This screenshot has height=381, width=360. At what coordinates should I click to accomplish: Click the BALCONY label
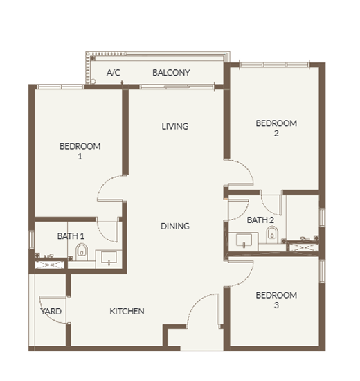click(x=171, y=73)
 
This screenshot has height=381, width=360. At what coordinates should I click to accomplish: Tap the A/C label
click(x=114, y=73)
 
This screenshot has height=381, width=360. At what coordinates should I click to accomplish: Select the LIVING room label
click(x=175, y=126)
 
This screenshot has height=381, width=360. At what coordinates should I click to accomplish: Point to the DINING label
click(x=175, y=227)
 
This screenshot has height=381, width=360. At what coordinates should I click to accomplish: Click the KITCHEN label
click(x=127, y=311)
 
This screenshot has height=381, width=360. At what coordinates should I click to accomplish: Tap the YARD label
click(x=51, y=311)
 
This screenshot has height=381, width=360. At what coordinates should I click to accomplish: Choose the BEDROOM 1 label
click(x=80, y=151)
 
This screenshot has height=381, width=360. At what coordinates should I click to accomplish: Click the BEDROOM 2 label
click(x=276, y=128)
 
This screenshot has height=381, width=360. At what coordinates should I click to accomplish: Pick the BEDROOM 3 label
click(x=276, y=300)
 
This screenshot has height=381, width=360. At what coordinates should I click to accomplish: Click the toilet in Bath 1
click(x=82, y=252)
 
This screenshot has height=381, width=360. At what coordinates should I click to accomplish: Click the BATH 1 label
click(x=71, y=236)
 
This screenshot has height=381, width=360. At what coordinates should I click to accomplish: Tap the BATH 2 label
click(x=260, y=220)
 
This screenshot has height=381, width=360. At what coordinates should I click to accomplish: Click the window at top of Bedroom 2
click(x=274, y=64)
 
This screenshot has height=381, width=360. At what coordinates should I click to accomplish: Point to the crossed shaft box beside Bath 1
click(x=50, y=265)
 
